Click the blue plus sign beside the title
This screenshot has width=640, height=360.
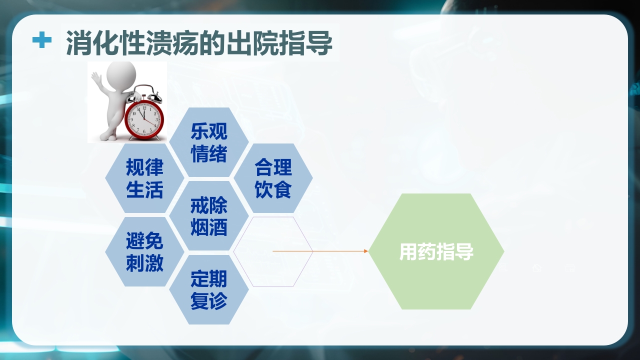[x=42, y=40]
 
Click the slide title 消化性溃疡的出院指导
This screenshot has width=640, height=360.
[x=199, y=42]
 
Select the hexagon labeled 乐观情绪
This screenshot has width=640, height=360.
[x=208, y=142]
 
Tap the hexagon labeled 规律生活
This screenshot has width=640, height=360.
[x=144, y=178]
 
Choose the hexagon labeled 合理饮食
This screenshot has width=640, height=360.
[x=273, y=178]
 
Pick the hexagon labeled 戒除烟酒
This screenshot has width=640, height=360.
[x=208, y=216]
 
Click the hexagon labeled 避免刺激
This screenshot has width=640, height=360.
[x=144, y=252]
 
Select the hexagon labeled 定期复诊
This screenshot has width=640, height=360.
[x=208, y=289]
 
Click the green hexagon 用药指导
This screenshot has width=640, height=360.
[x=436, y=251]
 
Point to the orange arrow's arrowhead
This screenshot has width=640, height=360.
[x=365, y=251]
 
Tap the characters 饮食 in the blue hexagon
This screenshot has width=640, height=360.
[x=273, y=190]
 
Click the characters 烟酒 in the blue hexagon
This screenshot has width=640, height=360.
[x=208, y=227]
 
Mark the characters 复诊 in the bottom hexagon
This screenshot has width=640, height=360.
[x=208, y=301]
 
